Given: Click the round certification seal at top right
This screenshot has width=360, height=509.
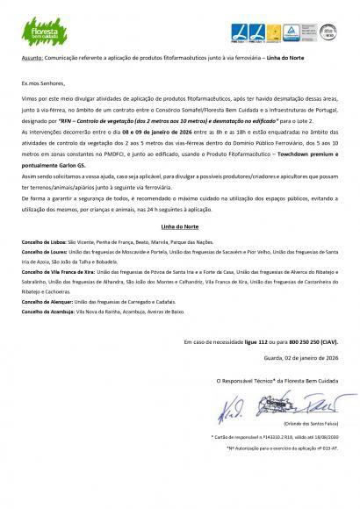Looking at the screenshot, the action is [x=328, y=32].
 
